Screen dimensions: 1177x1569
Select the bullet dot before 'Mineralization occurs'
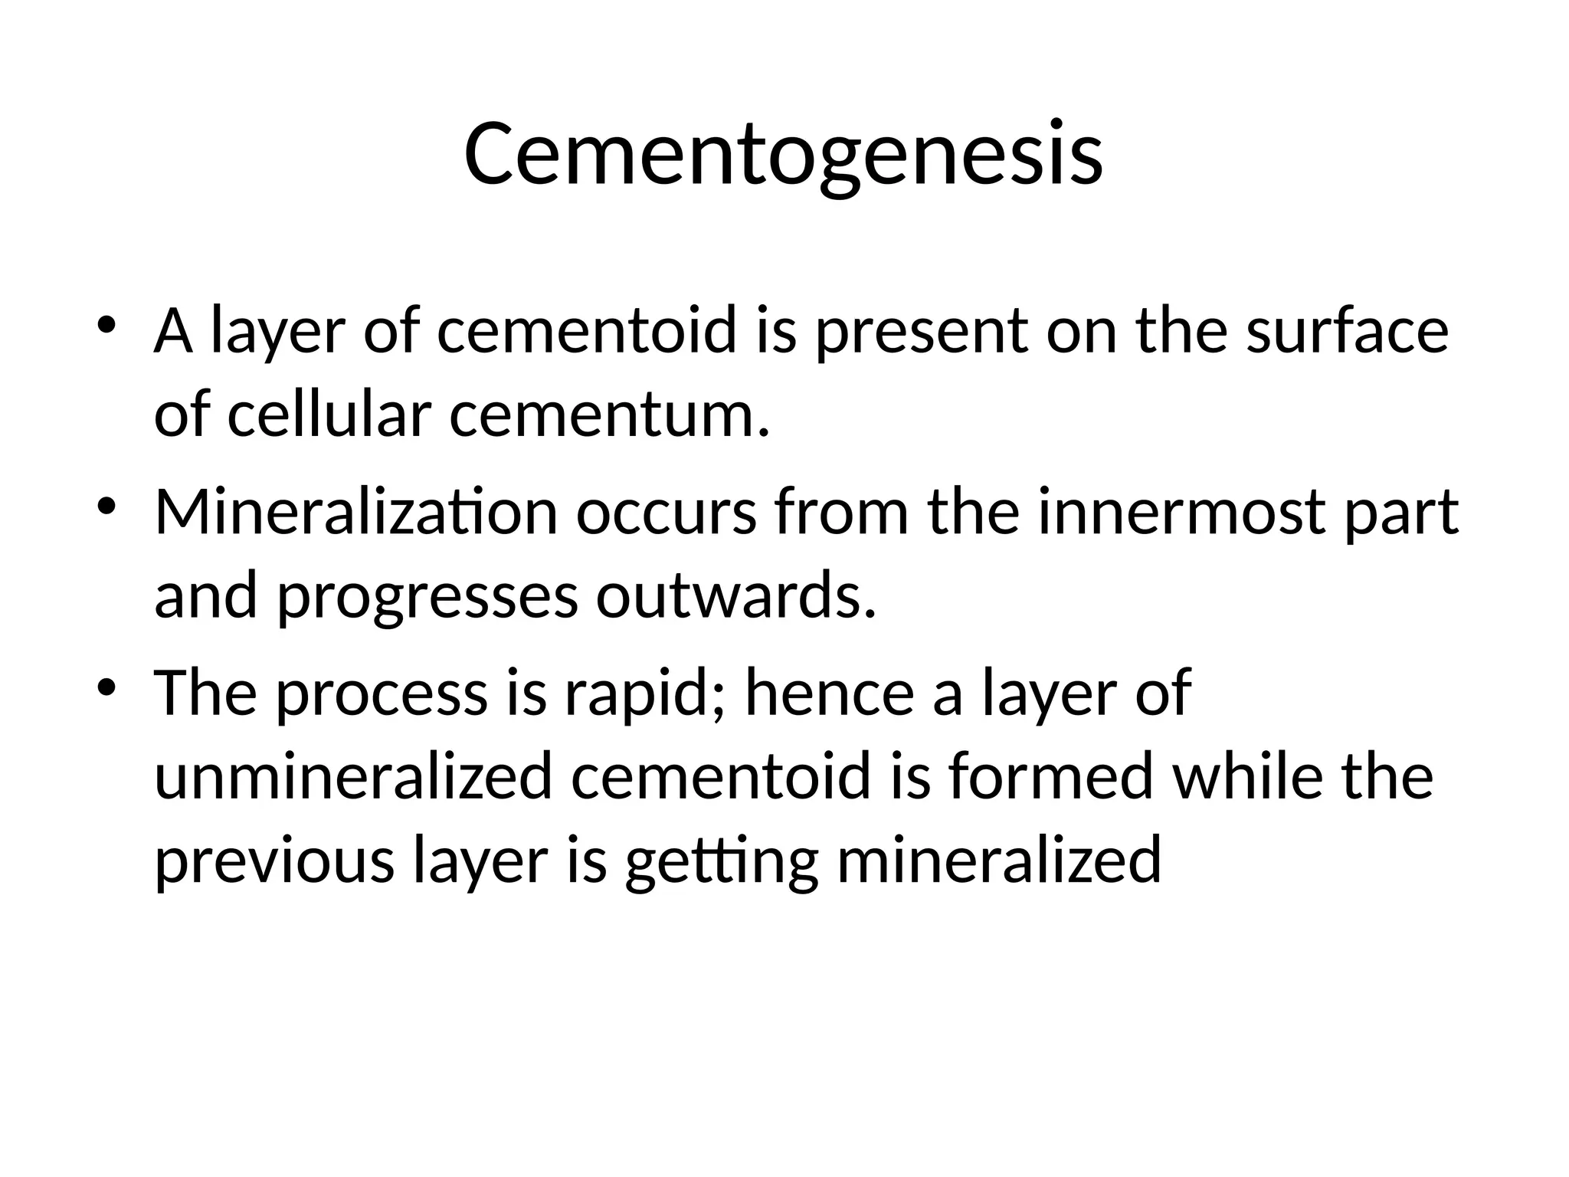[107, 503]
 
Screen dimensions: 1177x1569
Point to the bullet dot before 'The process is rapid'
[107, 684]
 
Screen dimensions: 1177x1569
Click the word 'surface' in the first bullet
[1348, 331]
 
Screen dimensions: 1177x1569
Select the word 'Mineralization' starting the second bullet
[355, 512]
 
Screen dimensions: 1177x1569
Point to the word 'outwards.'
[735, 596]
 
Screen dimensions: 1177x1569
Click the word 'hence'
[829, 693]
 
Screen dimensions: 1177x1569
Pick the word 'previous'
[274, 861]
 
